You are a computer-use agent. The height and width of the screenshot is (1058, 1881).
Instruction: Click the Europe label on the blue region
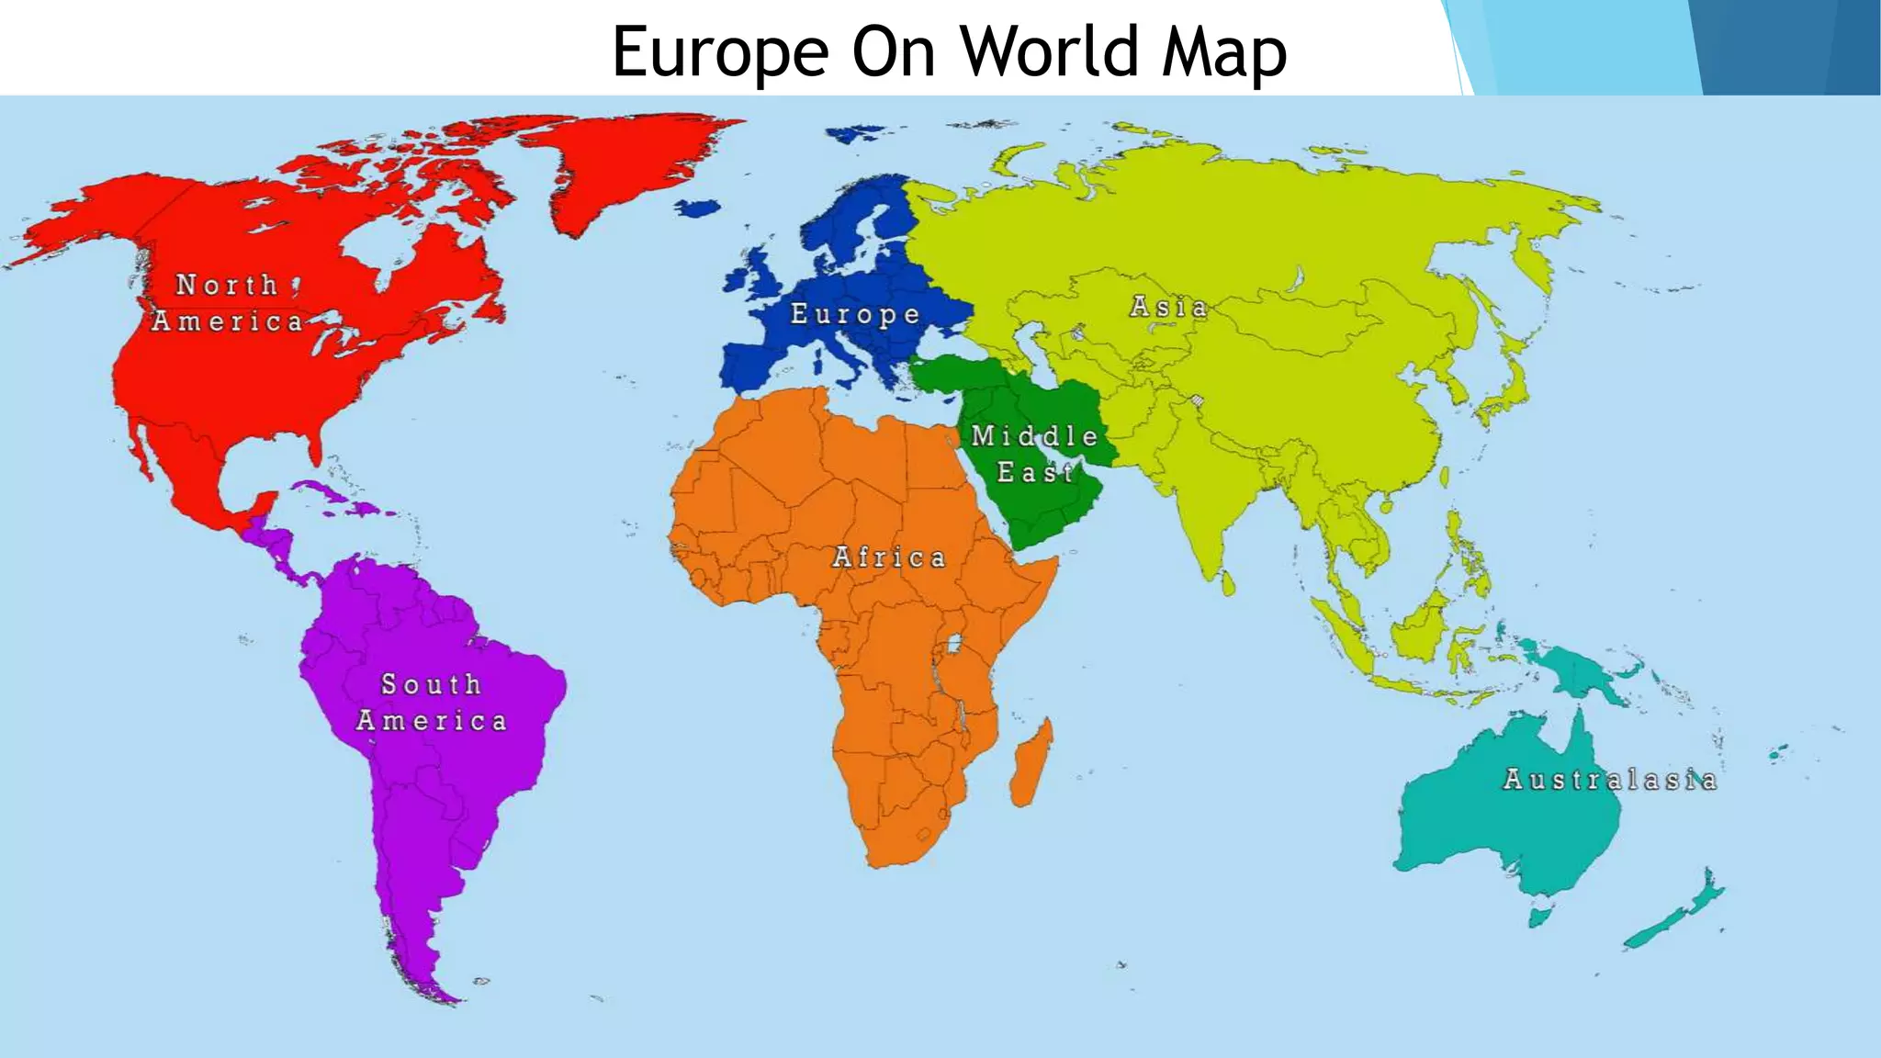(855, 314)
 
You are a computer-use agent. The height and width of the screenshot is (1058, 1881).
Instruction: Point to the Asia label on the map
(1168, 307)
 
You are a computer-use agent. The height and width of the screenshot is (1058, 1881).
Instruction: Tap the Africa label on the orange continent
(888, 557)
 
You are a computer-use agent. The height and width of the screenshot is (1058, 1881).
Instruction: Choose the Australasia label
(1609, 780)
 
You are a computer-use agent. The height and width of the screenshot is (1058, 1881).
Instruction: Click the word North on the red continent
(227, 285)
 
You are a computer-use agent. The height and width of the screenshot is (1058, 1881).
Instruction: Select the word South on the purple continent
(431, 684)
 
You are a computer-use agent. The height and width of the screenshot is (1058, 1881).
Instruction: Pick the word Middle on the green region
(1034, 435)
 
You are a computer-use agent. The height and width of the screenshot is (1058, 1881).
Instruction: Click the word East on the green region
(1035, 472)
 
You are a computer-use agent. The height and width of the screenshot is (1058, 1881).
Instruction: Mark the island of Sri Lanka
(1229, 583)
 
